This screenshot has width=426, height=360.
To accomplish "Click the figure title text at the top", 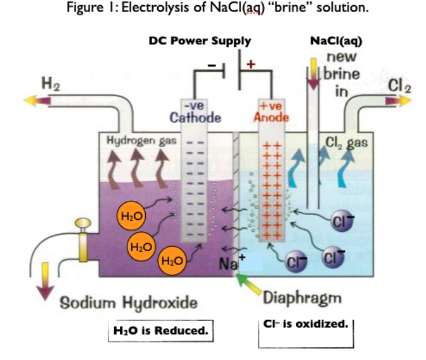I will coord(213,11).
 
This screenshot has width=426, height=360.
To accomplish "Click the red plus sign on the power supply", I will coord(251,64).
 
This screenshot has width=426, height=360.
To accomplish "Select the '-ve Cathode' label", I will coord(195,112).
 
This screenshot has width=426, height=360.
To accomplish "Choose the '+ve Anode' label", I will coord(271,112).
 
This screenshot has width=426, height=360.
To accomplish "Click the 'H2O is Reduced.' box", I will coord(160,331).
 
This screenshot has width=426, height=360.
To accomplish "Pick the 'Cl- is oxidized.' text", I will coord(305,325).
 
